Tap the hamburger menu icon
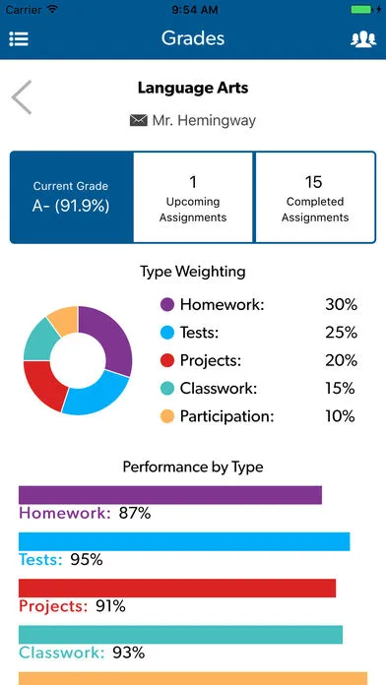point(19,39)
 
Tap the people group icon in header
point(362,39)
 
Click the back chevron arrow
point(22,97)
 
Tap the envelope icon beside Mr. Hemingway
point(138,120)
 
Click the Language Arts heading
point(193,88)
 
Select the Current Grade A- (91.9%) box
point(71,197)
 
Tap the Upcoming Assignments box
point(193,197)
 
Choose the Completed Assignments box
point(315,197)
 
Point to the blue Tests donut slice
point(96,394)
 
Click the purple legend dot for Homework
point(166,305)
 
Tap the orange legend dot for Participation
point(166,416)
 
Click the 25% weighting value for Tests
point(341,333)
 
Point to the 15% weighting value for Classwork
point(341,389)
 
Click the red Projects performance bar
point(177,588)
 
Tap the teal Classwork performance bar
point(180,634)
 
